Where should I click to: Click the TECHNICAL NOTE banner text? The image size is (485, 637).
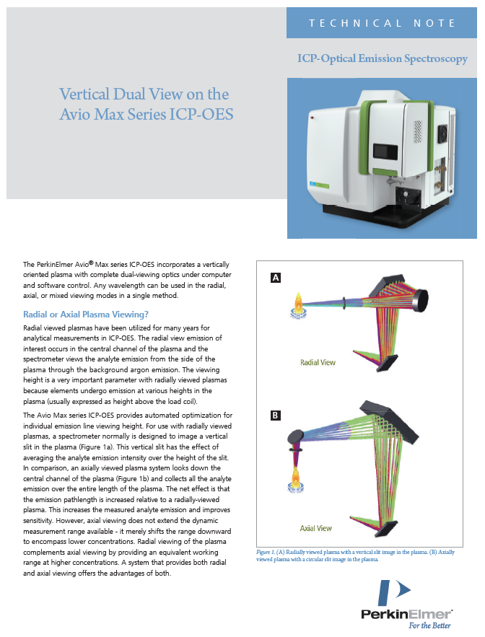(382, 23)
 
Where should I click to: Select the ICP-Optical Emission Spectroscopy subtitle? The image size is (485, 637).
(382, 59)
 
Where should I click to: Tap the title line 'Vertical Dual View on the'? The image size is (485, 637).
(144, 95)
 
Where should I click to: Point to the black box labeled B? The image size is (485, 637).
(276, 416)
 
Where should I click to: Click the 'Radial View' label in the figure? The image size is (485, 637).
(320, 362)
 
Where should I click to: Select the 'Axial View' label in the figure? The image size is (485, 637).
(315, 528)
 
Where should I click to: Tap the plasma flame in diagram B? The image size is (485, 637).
(296, 476)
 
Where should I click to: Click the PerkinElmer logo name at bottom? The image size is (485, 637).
(406, 613)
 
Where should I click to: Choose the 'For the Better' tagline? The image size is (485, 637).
(430, 626)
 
